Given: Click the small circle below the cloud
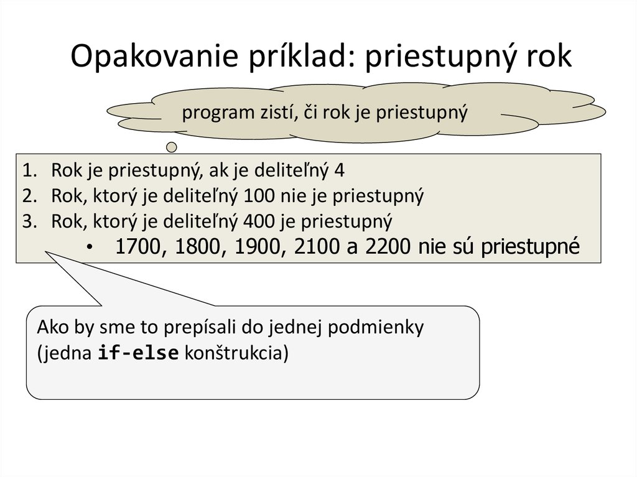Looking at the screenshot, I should click(172, 147).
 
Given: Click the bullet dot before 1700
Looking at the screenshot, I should click(91, 248).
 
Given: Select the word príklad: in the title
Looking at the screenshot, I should click(298, 58).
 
